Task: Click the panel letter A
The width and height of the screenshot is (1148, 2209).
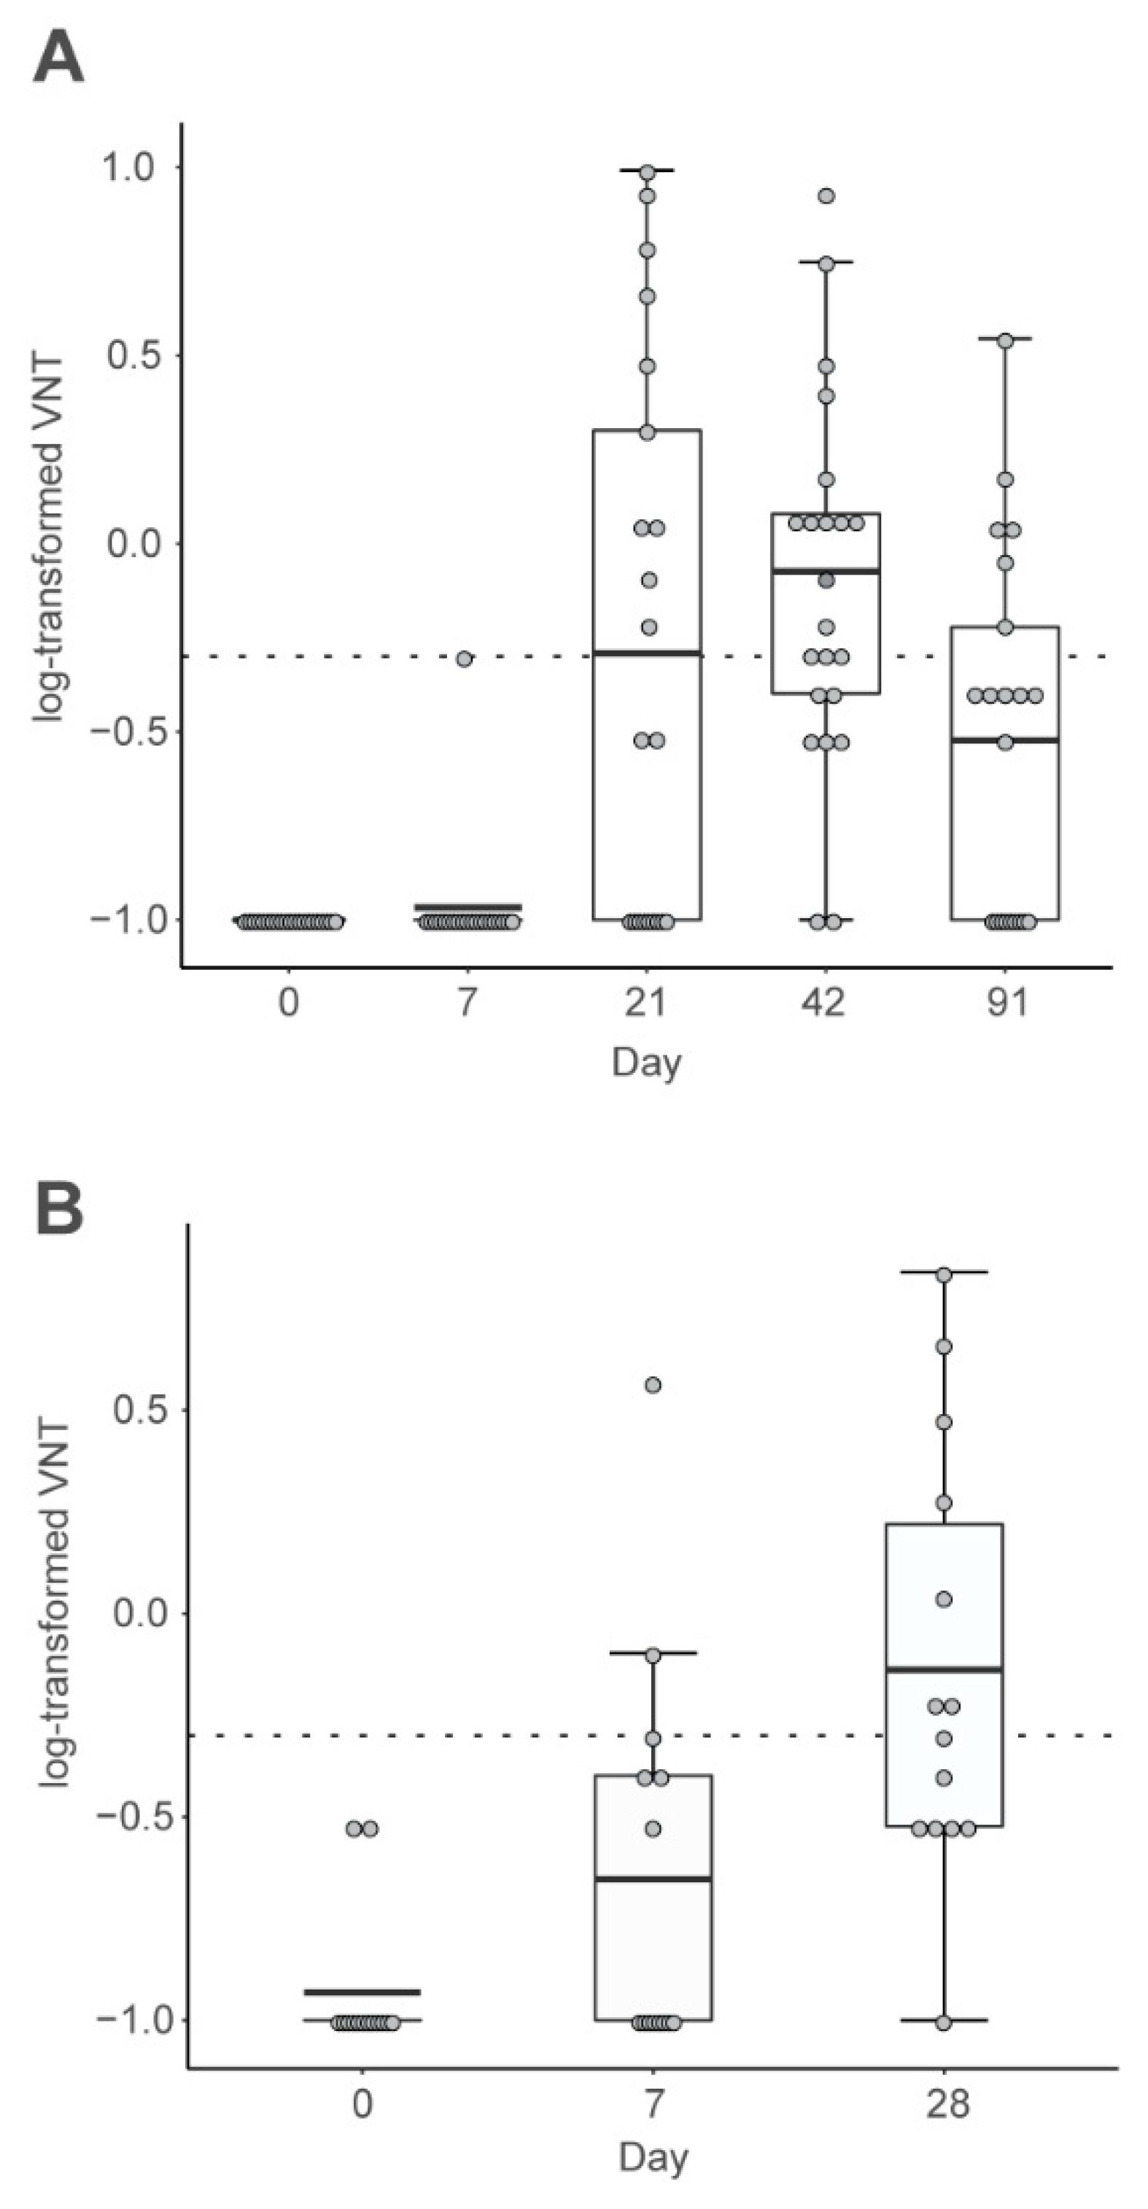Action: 58,58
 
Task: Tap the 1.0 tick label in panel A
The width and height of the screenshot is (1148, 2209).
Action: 128,166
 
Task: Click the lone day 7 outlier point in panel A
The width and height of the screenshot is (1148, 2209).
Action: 464,659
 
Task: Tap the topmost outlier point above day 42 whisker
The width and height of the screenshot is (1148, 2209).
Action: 826,195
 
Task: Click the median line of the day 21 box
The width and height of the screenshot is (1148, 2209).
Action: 648,653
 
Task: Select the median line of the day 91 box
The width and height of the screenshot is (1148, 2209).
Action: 1005,739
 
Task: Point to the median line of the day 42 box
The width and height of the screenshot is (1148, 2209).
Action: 826,570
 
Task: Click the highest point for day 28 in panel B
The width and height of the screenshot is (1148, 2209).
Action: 944,1275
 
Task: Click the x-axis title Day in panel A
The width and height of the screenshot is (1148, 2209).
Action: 646,1063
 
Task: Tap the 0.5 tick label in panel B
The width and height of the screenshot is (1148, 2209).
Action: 141,1409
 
